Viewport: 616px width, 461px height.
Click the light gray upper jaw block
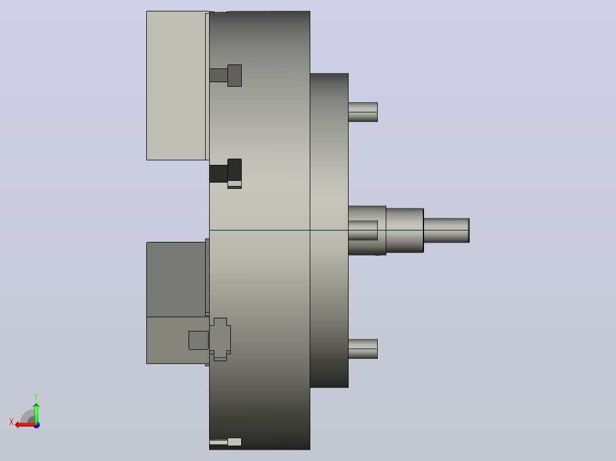(x=176, y=86)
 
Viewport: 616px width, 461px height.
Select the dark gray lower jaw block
(x=176, y=280)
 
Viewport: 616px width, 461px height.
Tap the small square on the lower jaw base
(x=198, y=340)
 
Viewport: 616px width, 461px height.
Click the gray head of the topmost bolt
(x=234, y=76)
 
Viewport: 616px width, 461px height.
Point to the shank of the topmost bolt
(x=218, y=75)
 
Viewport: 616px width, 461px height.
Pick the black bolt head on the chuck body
(x=234, y=170)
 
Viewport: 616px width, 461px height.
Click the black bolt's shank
(x=218, y=173)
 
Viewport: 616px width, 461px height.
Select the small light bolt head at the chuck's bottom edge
(x=234, y=442)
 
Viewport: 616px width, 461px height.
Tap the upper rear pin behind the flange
(x=363, y=112)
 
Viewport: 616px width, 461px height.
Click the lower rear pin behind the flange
(x=363, y=349)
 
